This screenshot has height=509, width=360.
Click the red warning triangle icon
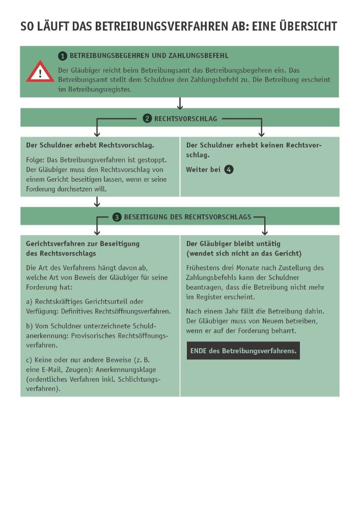click(x=40, y=72)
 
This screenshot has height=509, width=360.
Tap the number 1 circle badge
click(x=63, y=55)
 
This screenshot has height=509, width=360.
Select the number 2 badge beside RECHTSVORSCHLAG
click(x=147, y=119)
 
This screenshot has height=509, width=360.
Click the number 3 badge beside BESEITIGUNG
click(x=117, y=217)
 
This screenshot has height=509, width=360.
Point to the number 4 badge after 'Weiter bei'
click(x=229, y=169)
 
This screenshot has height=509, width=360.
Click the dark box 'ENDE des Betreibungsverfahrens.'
click(x=243, y=351)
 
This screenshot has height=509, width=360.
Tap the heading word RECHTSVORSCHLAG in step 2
click(x=185, y=119)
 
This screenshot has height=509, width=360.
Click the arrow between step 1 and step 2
click(x=180, y=103)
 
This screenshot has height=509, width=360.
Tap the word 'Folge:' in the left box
click(x=35, y=159)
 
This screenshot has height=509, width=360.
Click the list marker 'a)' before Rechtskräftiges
click(x=30, y=302)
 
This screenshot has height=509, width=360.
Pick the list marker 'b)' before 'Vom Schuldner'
click(x=30, y=326)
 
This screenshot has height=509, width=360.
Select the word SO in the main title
click(x=26, y=26)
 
